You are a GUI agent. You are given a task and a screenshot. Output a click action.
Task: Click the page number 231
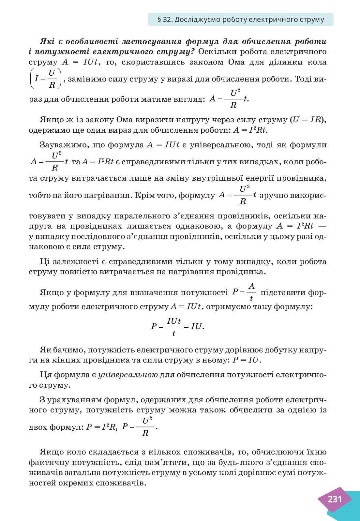(x=335, y=499)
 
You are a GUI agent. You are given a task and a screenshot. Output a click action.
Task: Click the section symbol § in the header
(x=159, y=20)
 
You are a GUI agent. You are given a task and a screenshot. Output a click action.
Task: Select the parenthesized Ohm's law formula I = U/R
(x=46, y=79)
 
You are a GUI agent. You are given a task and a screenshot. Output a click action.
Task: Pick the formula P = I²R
(x=101, y=427)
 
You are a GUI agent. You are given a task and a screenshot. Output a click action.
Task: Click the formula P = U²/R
(x=139, y=427)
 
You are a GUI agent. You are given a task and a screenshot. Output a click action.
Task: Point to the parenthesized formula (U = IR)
(x=307, y=120)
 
